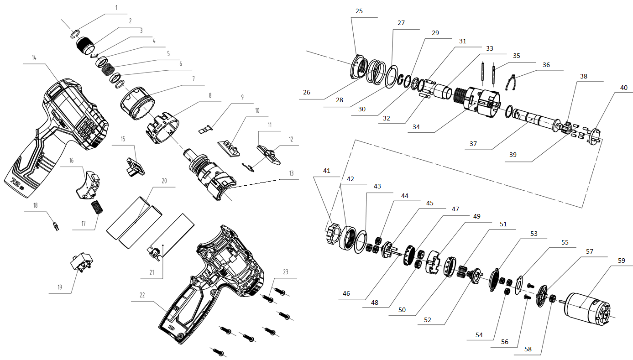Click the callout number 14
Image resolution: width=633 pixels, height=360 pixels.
(34, 57)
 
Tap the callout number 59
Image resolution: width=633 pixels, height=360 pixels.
(622, 260)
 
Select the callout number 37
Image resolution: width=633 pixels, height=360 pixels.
(473, 144)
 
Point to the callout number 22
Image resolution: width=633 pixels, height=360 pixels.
(142, 295)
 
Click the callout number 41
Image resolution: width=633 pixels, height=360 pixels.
(327, 171)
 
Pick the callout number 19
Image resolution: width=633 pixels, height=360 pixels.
(60, 287)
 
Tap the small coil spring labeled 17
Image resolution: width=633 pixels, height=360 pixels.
(97, 207)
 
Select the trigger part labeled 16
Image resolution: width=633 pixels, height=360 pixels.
(88, 185)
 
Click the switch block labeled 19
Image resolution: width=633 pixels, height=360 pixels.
(82, 262)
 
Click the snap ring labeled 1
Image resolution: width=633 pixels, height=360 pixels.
(74, 34)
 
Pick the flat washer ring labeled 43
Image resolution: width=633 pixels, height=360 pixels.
(360, 242)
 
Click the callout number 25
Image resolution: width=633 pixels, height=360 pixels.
(359, 11)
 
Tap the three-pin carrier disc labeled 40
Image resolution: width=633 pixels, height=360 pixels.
(593, 136)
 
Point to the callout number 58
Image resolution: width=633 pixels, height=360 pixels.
(528, 349)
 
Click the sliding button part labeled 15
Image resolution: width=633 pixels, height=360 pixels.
(135, 167)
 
